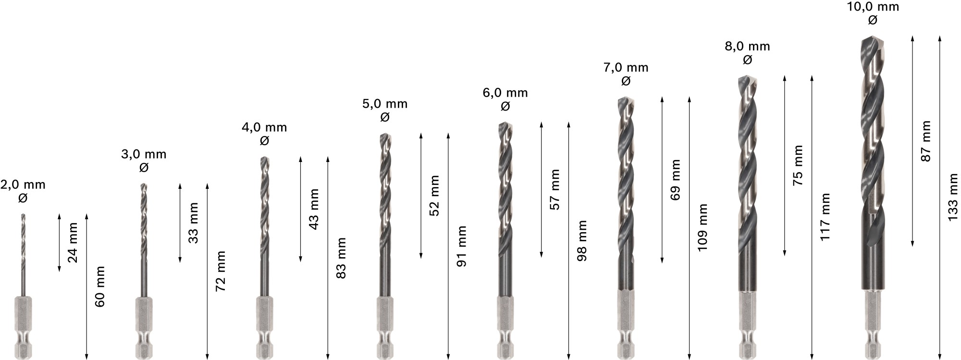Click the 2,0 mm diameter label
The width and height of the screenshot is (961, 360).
[x=23, y=185]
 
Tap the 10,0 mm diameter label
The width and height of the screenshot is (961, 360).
[x=873, y=7]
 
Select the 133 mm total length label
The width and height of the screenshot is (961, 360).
[x=953, y=197]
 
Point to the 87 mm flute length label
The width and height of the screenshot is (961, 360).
[x=926, y=141]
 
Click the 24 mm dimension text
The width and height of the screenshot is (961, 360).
[x=73, y=242]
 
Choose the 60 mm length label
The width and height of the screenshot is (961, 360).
[x=100, y=286]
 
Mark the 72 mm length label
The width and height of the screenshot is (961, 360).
[x=221, y=271]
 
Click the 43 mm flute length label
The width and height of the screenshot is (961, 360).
[x=314, y=209]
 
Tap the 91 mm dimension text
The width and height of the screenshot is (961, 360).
[x=461, y=246]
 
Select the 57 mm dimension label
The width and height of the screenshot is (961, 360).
[x=555, y=189]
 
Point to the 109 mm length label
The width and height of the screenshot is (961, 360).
[x=702, y=227]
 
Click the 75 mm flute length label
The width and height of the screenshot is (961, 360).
[x=798, y=165]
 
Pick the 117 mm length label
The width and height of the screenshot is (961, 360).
[x=825, y=217]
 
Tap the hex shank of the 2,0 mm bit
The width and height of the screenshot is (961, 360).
[x=22, y=327]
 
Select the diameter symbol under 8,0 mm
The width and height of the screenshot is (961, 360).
[x=747, y=60]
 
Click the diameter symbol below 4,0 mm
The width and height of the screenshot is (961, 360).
[x=264, y=141]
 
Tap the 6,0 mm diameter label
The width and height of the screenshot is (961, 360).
[x=505, y=93]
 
